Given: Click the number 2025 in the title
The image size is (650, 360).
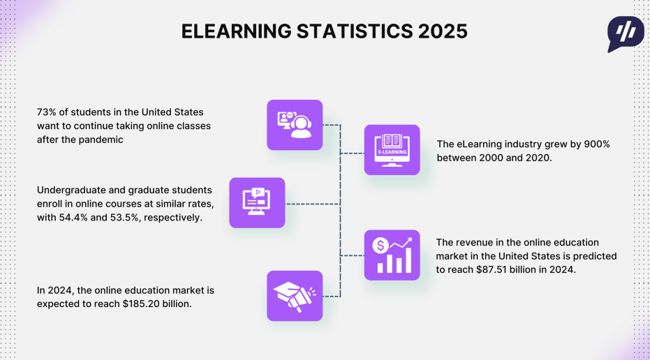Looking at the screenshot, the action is coord(443,31).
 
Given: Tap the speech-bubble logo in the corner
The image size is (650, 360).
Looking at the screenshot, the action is coord(626,34).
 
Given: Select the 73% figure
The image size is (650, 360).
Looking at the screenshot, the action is coord(46,112).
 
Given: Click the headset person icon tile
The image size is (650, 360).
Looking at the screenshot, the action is coord(295,125).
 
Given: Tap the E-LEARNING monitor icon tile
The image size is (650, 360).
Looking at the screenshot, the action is coord(392,149).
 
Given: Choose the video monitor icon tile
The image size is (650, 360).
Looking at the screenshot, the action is coord(257,202).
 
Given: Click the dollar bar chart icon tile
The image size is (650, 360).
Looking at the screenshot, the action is coord(392,255).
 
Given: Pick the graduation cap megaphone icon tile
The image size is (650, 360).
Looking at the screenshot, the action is coord(295,296).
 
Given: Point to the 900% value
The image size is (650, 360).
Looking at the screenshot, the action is coord(597,144).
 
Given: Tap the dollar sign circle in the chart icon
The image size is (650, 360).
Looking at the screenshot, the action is coord(380,246).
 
